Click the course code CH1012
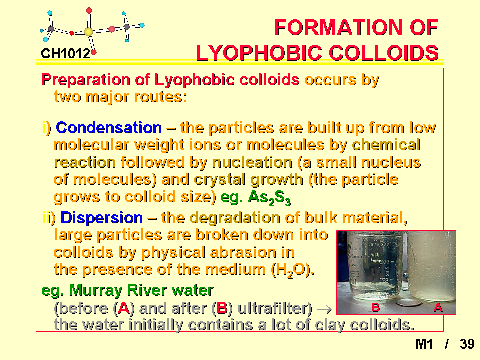coord(66,54)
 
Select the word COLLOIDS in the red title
coord(384,53)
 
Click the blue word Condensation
coord(109,127)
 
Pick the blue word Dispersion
coord(101,218)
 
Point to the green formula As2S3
coord(269,198)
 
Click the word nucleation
coord(252,162)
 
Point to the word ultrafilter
coord(274,308)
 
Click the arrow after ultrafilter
coord(325,310)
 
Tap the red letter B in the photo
coord(376,307)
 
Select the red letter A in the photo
coord(438,307)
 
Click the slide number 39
coord(467,344)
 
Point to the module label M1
coord(424,344)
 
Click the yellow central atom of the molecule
coord(88,32)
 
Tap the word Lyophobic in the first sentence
coord(195,80)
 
